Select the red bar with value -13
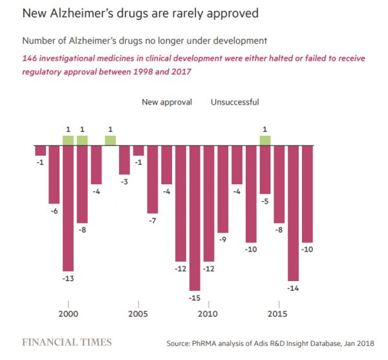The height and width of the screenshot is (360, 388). pyautogui.click(x=68, y=208)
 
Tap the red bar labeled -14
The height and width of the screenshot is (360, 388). pyautogui.click(x=293, y=213)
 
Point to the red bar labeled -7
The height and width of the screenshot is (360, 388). pyautogui.click(x=153, y=179)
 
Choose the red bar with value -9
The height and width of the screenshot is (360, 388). pyautogui.click(x=222, y=189)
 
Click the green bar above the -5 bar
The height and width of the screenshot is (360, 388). pyautogui.click(x=264, y=140)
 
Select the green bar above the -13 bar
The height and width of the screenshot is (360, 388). pyautogui.click(x=68, y=140)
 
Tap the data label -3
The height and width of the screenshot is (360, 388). pyautogui.click(x=124, y=182)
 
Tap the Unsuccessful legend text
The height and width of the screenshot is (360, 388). pyautogui.click(x=235, y=101)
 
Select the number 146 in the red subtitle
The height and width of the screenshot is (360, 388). pyautogui.click(x=31, y=58)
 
